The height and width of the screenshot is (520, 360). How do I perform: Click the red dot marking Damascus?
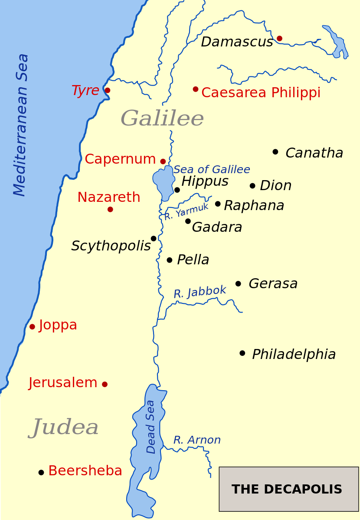point(279,39)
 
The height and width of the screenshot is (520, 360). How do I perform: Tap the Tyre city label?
point(85,91)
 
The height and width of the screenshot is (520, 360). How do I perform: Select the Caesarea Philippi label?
point(261,93)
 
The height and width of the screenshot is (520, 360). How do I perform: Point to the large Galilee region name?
point(162,118)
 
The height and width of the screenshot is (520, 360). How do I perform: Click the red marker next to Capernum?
point(163,161)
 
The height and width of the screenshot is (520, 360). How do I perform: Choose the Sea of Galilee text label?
point(212,170)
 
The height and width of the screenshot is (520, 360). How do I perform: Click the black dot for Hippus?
point(177,190)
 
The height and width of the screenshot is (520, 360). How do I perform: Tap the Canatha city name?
point(314,153)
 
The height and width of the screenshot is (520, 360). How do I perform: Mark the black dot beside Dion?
point(252,186)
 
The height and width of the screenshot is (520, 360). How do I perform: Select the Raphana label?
point(254,206)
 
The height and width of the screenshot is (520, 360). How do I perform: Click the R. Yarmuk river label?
point(186,212)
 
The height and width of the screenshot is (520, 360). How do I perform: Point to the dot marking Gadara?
point(188,221)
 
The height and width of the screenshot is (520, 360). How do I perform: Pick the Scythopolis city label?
point(111,246)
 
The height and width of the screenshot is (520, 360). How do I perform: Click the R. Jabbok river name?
point(200,292)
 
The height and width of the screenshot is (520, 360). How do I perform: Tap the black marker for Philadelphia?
point(242,353)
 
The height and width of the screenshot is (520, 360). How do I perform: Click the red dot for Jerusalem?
point(105,384)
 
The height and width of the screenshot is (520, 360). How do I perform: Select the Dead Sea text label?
point(151,427)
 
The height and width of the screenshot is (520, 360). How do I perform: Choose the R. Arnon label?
point(197,440)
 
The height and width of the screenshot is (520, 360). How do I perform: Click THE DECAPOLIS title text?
point(287,490)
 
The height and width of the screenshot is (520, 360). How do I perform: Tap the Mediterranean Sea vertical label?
point(20,125)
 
